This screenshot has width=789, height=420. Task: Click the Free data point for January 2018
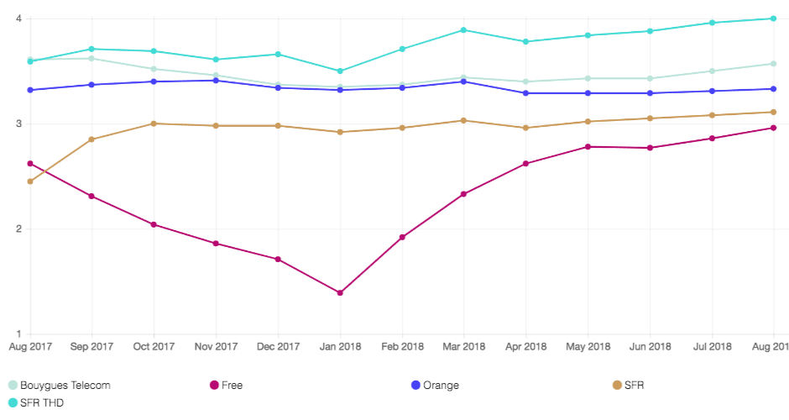[340, 292]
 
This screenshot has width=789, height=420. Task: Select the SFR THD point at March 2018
[464, 30]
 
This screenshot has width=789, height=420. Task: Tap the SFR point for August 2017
[30, 181]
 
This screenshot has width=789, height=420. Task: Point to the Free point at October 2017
[154, 224]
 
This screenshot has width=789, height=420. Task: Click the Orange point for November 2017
[216, 81]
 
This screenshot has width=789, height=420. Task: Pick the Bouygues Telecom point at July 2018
[712, 71]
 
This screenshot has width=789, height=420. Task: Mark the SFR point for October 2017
[154, 123]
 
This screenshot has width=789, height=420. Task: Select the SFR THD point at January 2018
[340, 71]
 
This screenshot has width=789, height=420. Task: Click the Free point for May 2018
[588, 147]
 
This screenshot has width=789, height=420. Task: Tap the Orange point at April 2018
[526, 93]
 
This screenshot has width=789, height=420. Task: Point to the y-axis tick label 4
[18, 18]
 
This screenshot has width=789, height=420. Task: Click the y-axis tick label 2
[18, 229]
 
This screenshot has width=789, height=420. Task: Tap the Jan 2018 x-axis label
[340, 346]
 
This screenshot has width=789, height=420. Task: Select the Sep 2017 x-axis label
[91, 346]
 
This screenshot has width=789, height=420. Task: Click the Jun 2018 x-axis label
[651, 346]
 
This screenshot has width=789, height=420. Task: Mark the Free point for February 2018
[402, 237]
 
